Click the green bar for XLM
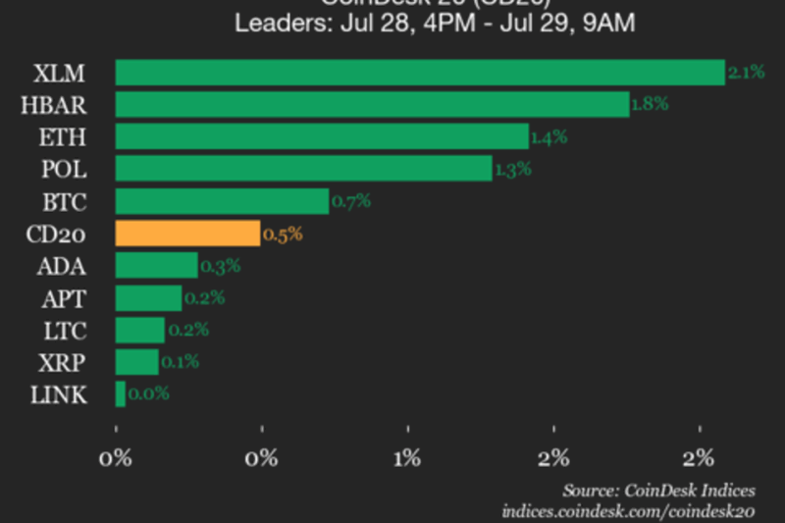(x=420, y=73)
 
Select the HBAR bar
(x=372, y=104)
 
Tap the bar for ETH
(x=322, y=136)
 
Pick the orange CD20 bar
(x=187, y=234)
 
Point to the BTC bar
(x=222, y=201)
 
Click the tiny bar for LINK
(x=121, y=394)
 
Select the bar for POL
(x=303, y=169)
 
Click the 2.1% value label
(x=746, y=73)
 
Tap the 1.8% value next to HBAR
(x=650, y=104)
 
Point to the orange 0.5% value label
(x=283, y=234)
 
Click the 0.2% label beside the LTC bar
(x=186, y=330)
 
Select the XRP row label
(x=64, y=362)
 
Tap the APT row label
(x=64, y=298)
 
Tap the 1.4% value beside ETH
(x=549, y=136)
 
